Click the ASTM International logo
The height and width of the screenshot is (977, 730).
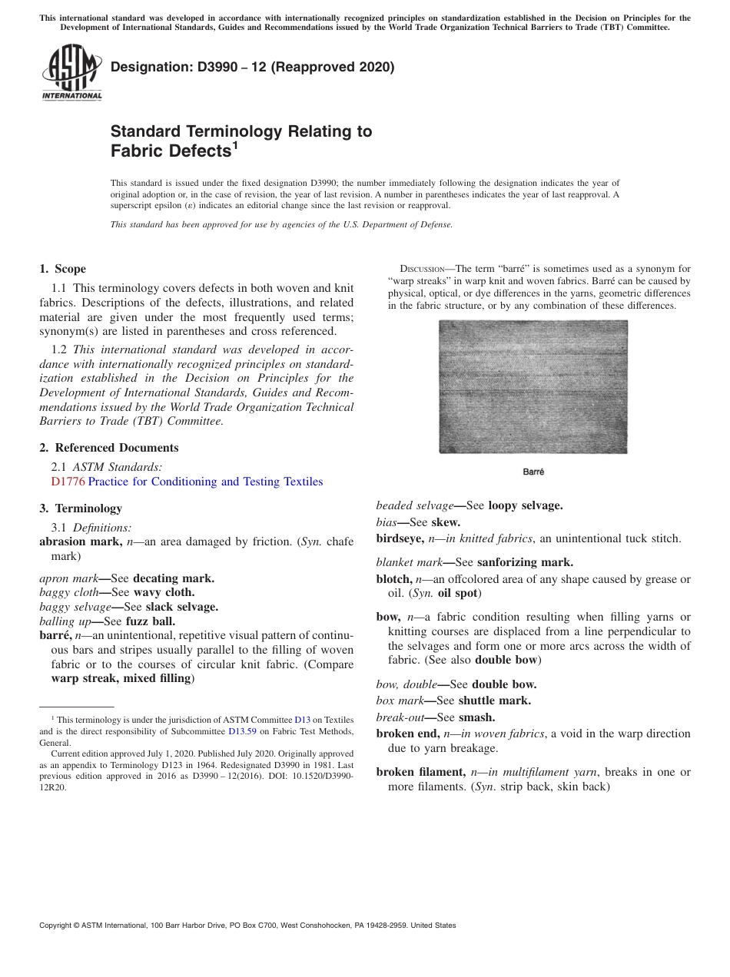point(71,72)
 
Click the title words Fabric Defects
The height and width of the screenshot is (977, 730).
point(171,151)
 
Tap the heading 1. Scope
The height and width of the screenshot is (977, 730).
point(62,269)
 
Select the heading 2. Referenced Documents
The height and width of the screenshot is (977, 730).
point(108,448)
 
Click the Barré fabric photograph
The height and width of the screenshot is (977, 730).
point(533,386)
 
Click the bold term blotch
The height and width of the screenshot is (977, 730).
point(393,579)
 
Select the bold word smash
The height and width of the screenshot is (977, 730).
point(476,717)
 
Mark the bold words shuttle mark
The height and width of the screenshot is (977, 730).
point(494,700)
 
